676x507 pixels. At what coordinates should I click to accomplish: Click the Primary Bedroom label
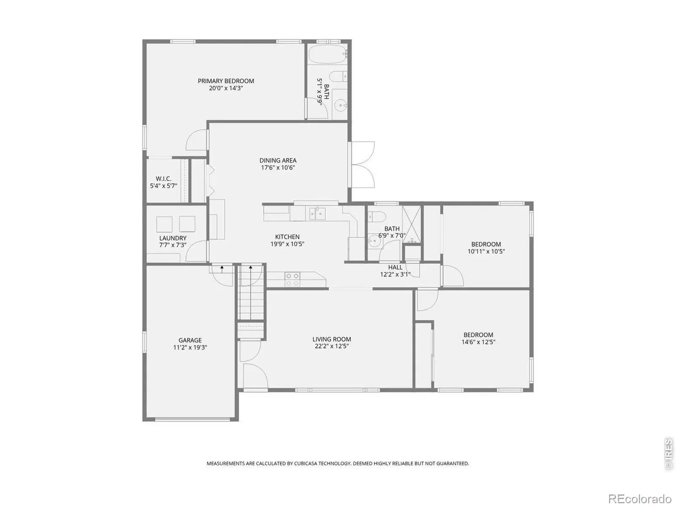[226, 81]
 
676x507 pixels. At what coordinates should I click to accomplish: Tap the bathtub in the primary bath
[328, 55]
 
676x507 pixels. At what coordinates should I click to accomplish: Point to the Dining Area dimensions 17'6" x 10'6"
[278, 168]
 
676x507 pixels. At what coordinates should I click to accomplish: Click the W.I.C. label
[163, 179]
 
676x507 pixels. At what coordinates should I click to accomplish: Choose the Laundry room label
[172, 238]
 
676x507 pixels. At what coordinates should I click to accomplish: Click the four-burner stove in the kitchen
[292, 280]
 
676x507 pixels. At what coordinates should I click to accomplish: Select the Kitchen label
[287, 237]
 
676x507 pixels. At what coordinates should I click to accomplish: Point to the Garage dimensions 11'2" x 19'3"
[190, 348]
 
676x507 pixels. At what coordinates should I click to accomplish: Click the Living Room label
[332, 339]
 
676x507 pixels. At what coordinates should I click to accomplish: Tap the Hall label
[395, 267]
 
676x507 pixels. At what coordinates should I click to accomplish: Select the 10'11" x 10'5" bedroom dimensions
[486, 251]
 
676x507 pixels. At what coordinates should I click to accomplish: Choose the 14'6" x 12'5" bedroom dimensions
[478, 342]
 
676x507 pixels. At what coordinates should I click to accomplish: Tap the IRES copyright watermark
[669, 454]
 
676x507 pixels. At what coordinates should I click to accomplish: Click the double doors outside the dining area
[363, 164]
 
